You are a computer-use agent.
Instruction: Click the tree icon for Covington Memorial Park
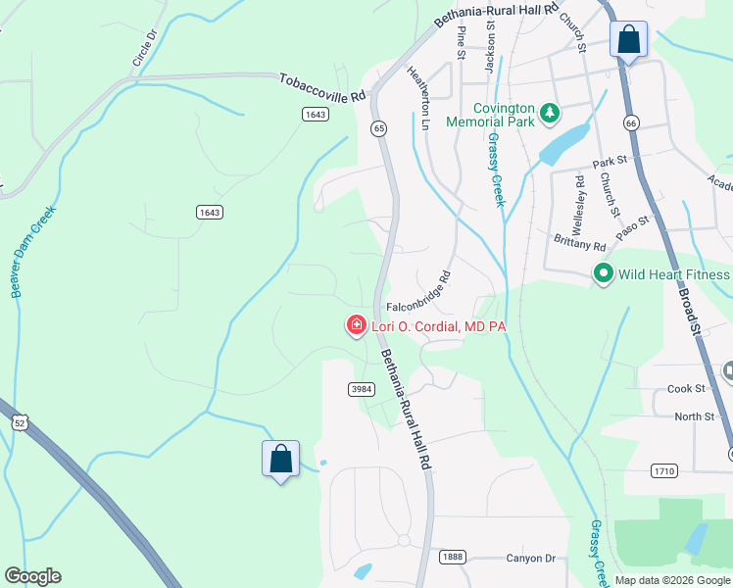coord(550,114)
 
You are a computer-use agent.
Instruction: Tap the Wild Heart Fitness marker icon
coord(604,274)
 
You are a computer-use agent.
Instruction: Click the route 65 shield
coord(377,128)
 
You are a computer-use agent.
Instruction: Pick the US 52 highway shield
coord(20,421)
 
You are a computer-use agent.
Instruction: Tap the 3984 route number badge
coord(362,389)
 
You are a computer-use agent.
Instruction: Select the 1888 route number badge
coord(451,556)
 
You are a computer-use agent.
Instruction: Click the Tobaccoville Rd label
coord(321,88)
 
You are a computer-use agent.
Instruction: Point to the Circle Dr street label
coord(143,48)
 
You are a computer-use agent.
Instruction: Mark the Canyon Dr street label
coord(530,559)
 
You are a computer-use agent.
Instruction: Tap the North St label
coord(695,416)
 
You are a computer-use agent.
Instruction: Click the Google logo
coord(32,576)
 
